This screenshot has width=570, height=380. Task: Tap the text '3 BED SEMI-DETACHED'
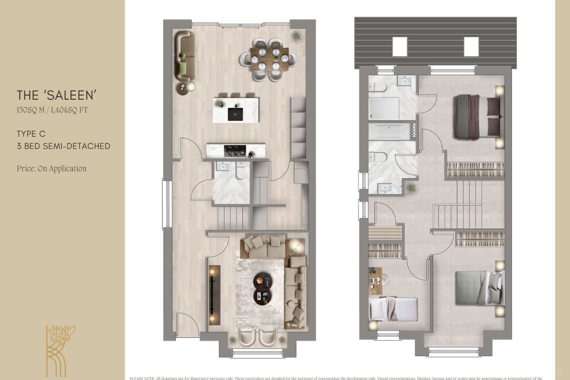coord(63,146)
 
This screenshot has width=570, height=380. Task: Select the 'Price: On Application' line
coord(51,169)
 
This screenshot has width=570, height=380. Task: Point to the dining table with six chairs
coord(269,59)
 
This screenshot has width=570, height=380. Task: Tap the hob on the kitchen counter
coord(235,150)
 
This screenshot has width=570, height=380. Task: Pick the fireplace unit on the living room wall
coord(215,294)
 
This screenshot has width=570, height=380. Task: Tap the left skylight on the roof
coord(400,46)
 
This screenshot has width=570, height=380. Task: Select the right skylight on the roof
coord(471,46)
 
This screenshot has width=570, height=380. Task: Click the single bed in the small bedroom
coord(393,309)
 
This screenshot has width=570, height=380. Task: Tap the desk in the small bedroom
coord(375,281)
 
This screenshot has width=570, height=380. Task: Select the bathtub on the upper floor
coord(389,131)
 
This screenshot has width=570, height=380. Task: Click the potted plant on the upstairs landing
coord(412,188)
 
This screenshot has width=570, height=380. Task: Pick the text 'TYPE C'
coord(31,134)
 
